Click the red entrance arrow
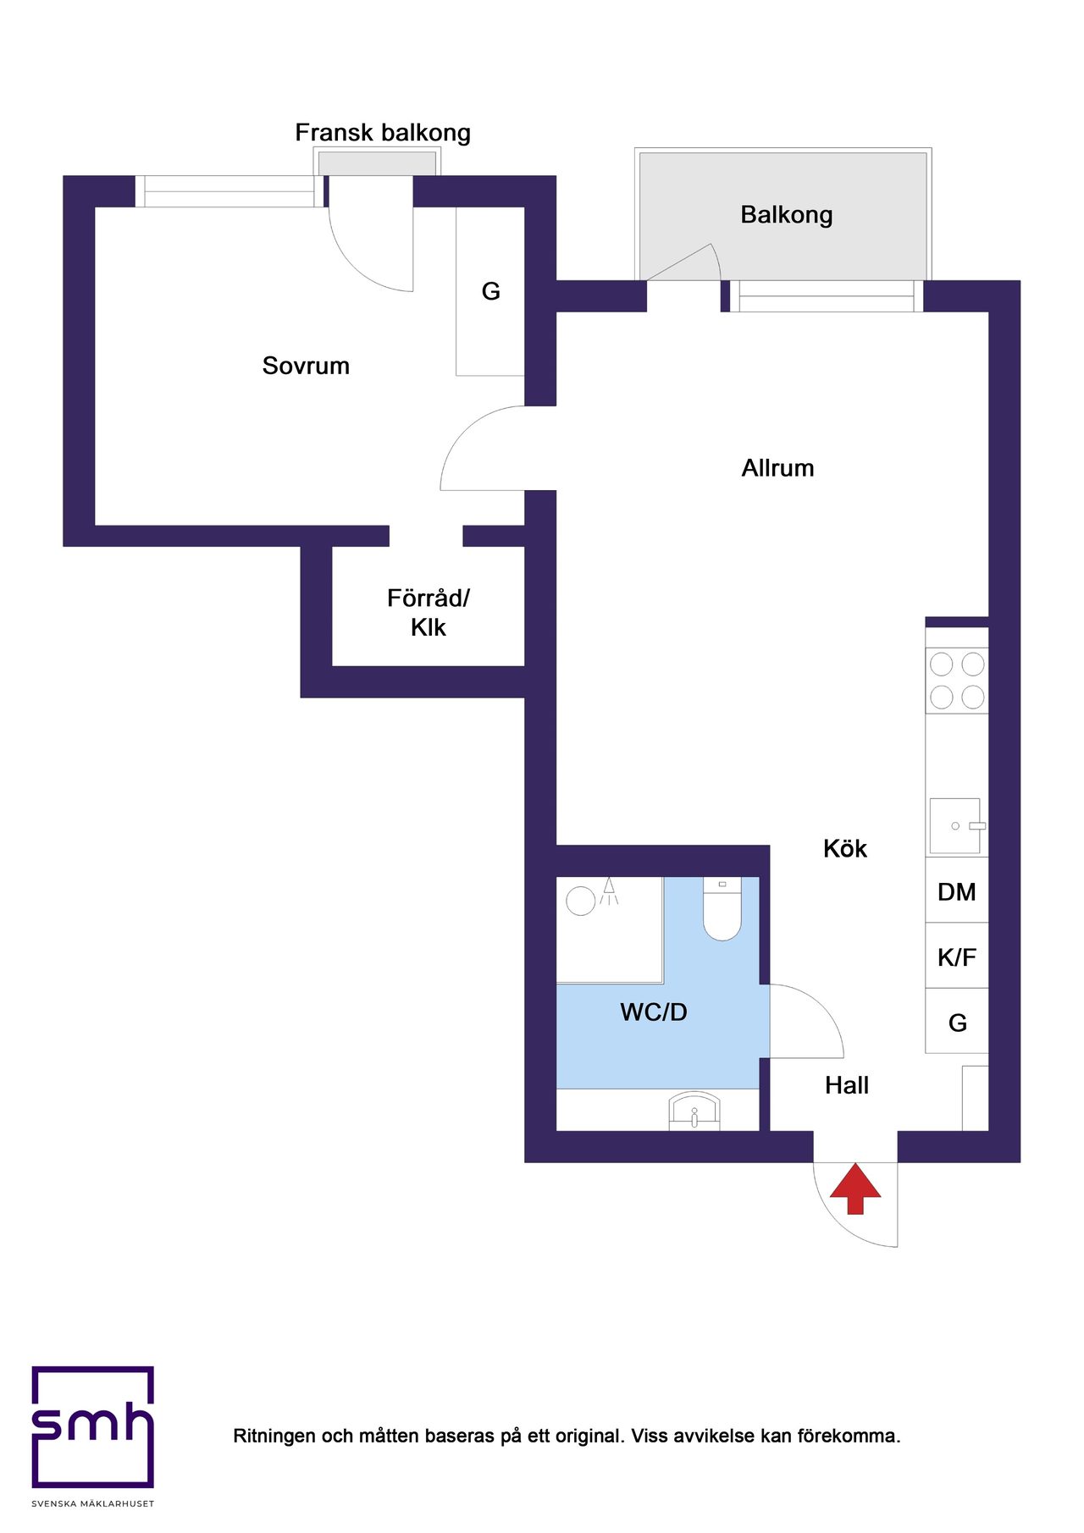click(x=855, y=1188)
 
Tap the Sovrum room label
click(x=306, y=366)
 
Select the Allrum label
click(x=777, y=468)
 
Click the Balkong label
click(x=787, y=215)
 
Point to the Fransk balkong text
click(x=383, y=133)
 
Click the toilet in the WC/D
click(x=722, y=909)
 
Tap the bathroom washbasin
click(x=694, y=1111)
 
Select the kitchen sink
click(x=956, y=825)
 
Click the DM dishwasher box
click(x=957, y=891)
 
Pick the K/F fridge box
click(x=957, y=956)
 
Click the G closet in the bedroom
click(x=490, y=291)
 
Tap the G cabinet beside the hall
click(x=957, y=1021)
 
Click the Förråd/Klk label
click(x=429, y=613)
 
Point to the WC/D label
click(x=654, y=1012)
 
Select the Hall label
click(x=847, y=1085)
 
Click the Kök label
click(x=845, y=849)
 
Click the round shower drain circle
click(x=580, y=901)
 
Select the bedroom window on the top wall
click(x=229, y=191)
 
